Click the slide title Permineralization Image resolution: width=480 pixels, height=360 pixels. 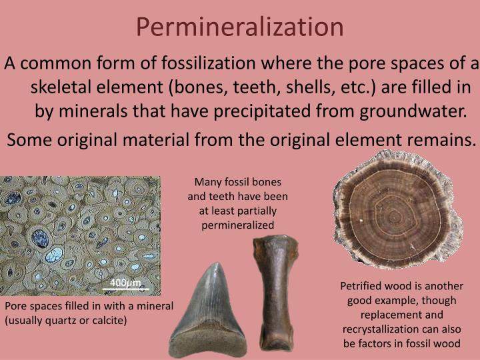click(x=240, y=27)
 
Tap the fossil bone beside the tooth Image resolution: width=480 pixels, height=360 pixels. click(x=269, y=293)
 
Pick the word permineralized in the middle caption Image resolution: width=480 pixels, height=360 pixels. click(x=238, y=225)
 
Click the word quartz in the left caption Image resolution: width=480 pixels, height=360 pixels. click(x=63, y=320)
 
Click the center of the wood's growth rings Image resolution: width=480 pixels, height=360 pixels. click(x=393, y=216)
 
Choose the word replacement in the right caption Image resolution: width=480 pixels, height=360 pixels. click(x=387, y=315)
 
